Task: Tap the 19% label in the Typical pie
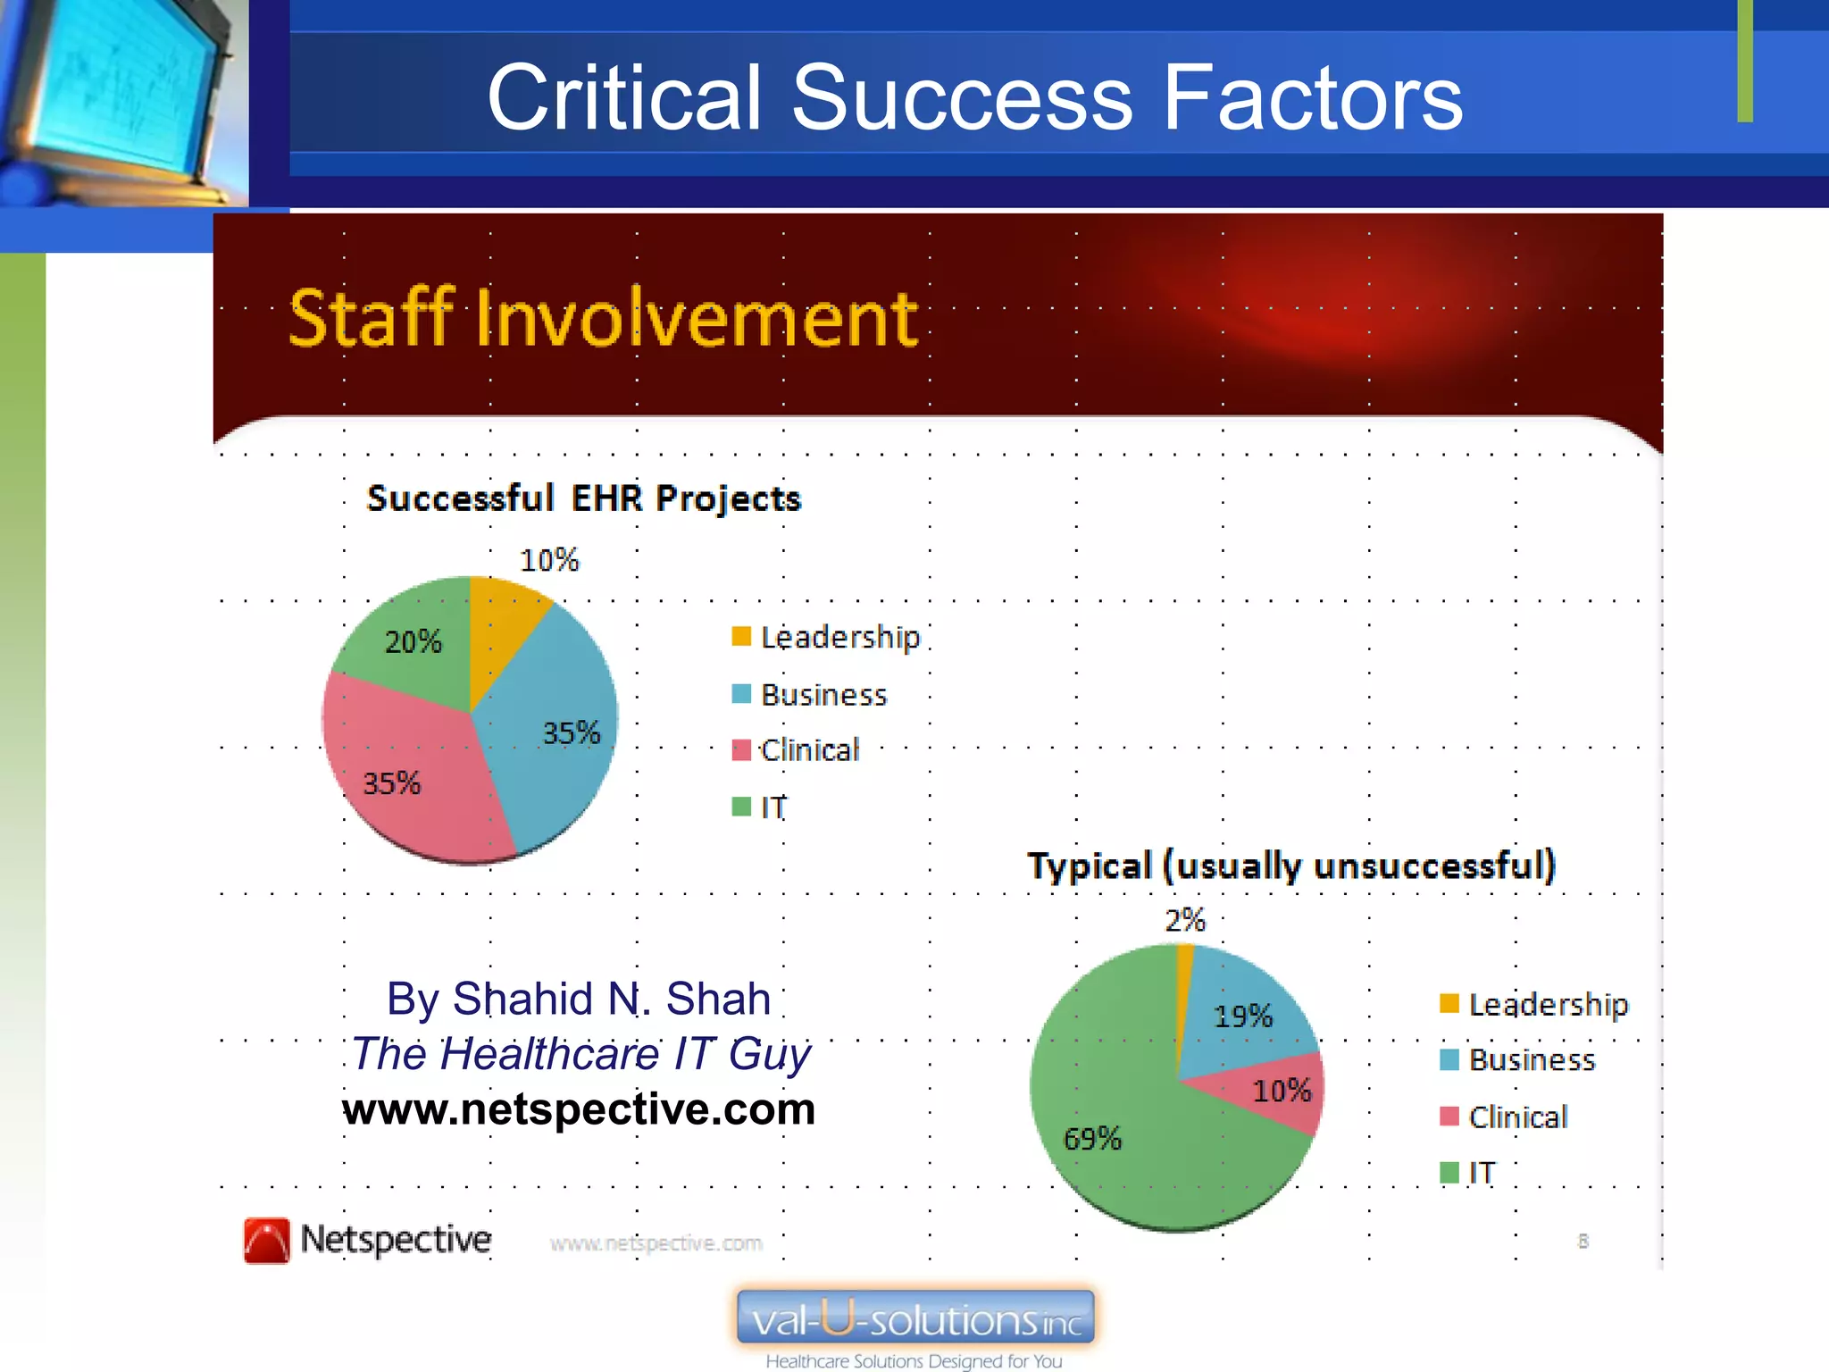point(1243,1016)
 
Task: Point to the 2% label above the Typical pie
point(1185,920)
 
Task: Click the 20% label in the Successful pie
point(413,641)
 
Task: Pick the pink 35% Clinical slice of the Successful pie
point(402,768)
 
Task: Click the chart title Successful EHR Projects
point(584,498)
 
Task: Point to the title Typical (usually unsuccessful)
point(1291,866)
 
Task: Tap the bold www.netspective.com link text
point(579,1109)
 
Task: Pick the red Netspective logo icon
point(266,1241)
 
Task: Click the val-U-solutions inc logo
point(915,1318)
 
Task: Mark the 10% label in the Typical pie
point(1282,1091)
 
